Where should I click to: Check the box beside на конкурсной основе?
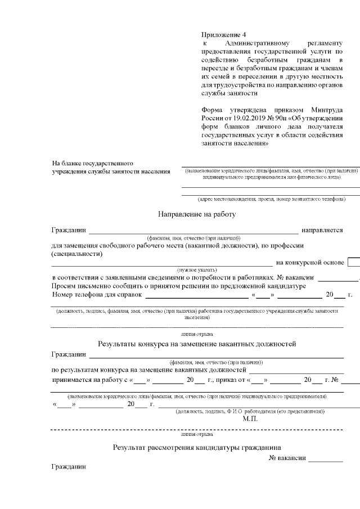[354, 262]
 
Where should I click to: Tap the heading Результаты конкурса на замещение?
[196, 344]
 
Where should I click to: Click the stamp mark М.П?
[250, 418]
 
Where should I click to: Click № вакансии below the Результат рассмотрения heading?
[287, 458]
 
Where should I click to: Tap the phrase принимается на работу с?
[90, 380]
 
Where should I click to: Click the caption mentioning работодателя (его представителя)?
[250, 411]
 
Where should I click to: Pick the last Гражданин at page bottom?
[69, 467]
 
